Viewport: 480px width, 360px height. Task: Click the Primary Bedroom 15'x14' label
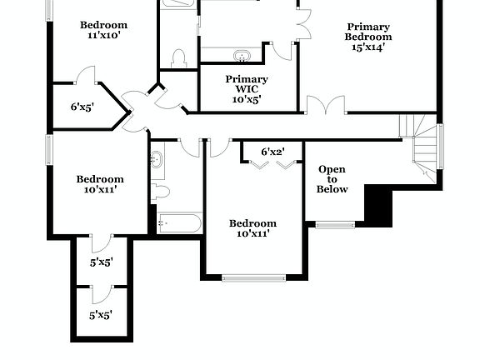click(x=368, y=37)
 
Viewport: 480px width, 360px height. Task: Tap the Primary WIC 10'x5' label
click(x=246, y=88)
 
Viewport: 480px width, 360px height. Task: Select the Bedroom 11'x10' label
click(x=103, y=30)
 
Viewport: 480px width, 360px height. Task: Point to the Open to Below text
click(x=332, y=179)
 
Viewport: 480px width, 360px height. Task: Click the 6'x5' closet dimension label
click(x=82, y=107)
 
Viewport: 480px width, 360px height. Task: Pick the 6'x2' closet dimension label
click(x=272, y=152)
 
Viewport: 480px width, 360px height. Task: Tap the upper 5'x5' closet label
click(x=101, y=262)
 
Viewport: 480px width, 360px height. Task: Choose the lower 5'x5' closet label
click(x=101, y=315)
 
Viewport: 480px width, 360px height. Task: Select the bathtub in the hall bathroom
click(x=179, y=223)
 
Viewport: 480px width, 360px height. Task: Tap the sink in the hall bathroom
click(x=157, y=159)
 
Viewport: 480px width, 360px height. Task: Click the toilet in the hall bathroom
click(x=160, y=192)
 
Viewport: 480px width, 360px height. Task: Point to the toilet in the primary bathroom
click(x=177, y=58)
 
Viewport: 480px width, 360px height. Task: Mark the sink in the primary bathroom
click(x=242, y=57)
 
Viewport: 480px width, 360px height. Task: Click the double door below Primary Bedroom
click(x=325, y=106)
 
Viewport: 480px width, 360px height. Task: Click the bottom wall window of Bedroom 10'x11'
click(x=253, y=277)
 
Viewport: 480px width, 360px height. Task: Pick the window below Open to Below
click(x=335, y=224)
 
